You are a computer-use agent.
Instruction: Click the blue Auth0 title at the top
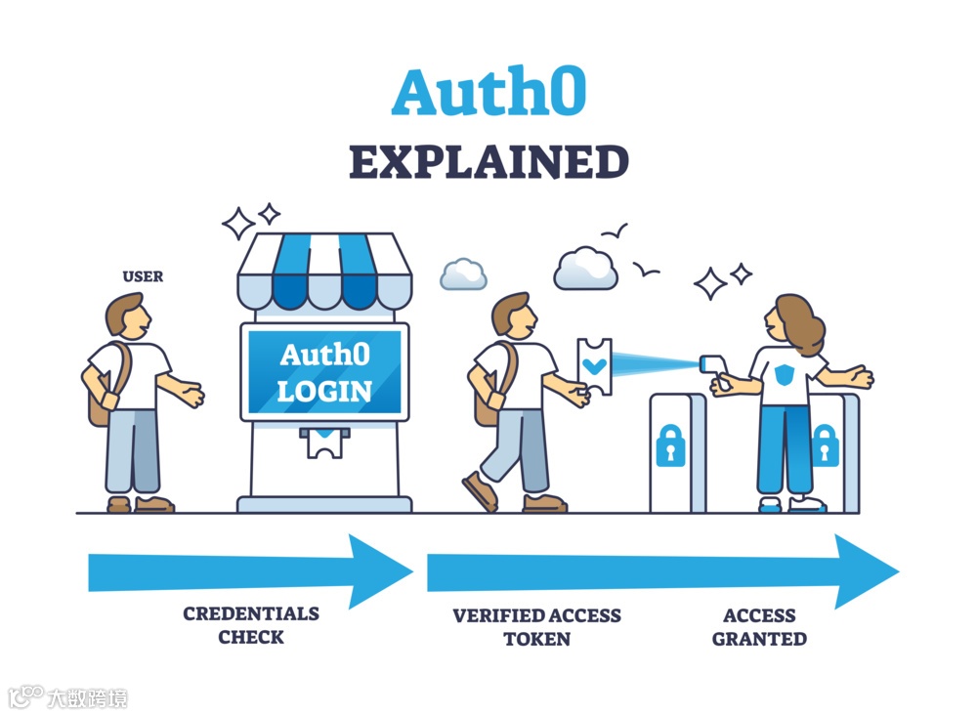[x=488, y=94]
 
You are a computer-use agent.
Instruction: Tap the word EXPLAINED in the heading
[x=488, y=162]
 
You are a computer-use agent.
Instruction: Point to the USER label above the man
[x=143, y=276]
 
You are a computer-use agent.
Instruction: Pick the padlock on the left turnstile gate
[x=670, y=444]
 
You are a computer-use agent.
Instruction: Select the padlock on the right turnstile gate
[x=826, y=444]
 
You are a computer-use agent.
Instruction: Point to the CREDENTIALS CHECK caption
[x=251, y=625]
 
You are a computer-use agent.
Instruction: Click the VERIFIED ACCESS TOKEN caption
[x=536, y=627]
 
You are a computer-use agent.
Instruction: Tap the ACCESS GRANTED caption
[x=759, y=627]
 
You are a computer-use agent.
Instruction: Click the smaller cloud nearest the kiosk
[x=463, y=274]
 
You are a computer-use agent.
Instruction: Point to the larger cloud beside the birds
[x=585, y=269]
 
